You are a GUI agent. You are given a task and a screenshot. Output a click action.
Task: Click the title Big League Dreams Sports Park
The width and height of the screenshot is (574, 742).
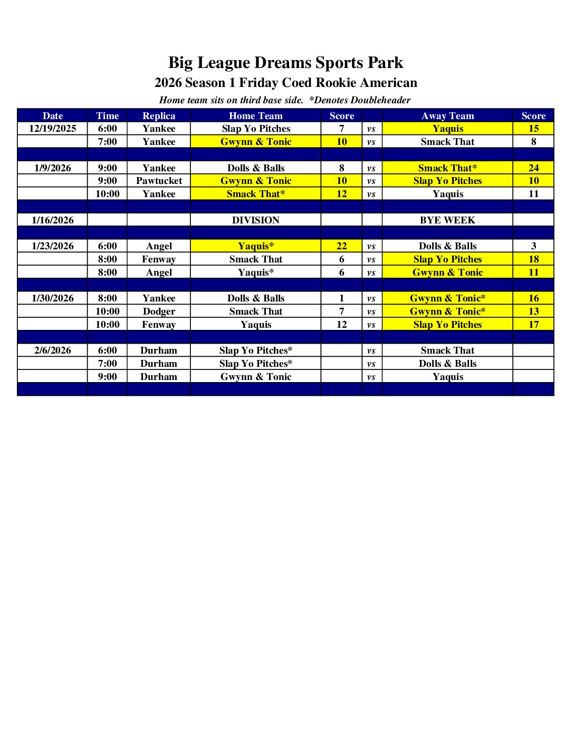[285, 63]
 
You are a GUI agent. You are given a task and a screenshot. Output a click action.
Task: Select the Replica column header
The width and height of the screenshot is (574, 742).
[159, 116]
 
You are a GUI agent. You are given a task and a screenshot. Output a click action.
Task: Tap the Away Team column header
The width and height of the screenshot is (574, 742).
[447, 116]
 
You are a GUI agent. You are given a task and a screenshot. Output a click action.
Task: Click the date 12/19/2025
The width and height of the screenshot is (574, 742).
[52, 129]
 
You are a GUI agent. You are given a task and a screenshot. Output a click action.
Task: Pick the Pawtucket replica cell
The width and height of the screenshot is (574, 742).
[159, 181]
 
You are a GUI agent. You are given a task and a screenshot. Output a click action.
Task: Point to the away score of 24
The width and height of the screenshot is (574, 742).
[533, 168]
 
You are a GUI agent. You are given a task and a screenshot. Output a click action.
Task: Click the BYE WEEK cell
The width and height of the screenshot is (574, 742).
[447, 220]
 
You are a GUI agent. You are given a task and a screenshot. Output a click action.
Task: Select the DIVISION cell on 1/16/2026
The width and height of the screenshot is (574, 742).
[256, 220]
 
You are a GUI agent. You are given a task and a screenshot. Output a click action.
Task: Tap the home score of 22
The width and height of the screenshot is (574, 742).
[342, 246]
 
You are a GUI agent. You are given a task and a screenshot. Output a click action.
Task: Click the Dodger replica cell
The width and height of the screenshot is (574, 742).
[159, 311]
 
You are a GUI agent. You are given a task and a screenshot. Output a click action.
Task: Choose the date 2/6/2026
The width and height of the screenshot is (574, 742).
[52, 350]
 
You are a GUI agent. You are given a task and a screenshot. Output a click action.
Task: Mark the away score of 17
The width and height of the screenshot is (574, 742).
[533, 325]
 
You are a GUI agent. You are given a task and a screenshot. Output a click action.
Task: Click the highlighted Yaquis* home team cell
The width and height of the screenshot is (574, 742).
[256, 246]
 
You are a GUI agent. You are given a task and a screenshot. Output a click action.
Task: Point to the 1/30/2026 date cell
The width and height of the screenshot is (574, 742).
[52, 298]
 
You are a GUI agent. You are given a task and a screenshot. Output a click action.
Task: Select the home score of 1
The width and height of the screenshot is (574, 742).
[342, 298]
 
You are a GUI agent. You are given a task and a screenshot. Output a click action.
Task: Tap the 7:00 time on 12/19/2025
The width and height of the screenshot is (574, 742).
[107, 142]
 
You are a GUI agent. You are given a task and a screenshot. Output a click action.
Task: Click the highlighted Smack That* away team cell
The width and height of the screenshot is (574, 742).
[447, 168]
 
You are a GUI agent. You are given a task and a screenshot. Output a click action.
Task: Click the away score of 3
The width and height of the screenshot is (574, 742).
[533, 246]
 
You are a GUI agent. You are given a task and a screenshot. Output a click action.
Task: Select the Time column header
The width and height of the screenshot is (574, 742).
[107, 116]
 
